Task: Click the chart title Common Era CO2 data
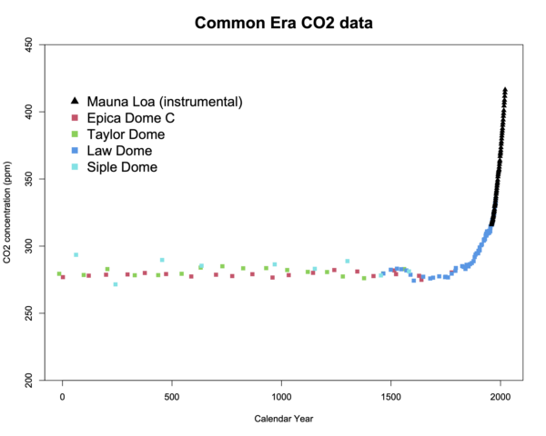[284, 22]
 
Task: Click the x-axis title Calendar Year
[284, 421]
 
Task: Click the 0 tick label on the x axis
[63, 398]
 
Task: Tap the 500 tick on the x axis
[172, 398]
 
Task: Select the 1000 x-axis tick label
[282, 398]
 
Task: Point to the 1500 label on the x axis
[391, 398]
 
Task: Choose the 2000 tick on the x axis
[500, 398]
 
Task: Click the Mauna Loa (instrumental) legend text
[165, 101]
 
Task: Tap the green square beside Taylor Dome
[75, 134]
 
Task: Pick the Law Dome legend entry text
[119, 151]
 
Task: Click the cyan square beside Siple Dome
[75, 167]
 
